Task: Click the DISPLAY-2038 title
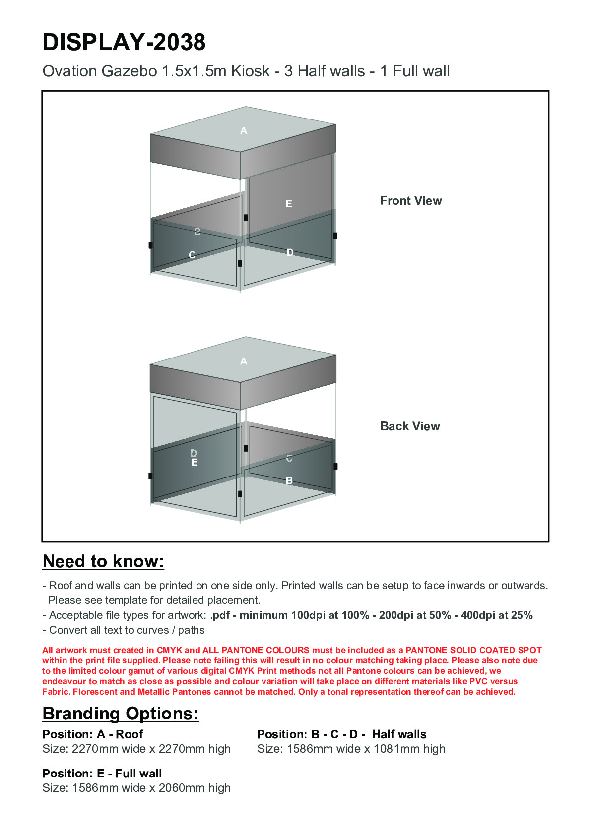[x=124, y=42]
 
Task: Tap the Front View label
[x=411, y=201]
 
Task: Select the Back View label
[x=410, y=426]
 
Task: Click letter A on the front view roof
[x=244, y=131]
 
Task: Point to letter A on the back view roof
[x=244, y=361]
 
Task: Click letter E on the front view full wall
[x=289, y=204]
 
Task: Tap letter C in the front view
[x=192, y=255]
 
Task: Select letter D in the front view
[x=290, y=253]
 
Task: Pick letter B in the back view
[x=289, y=480]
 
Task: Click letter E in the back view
[x=195, y=463]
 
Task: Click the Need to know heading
[x=103, y=561]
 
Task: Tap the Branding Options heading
[x=121, y=714]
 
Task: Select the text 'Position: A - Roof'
[x=93, y=734]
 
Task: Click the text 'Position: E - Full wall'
[x=102, y=774]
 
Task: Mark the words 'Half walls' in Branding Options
[x=399, y=734]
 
